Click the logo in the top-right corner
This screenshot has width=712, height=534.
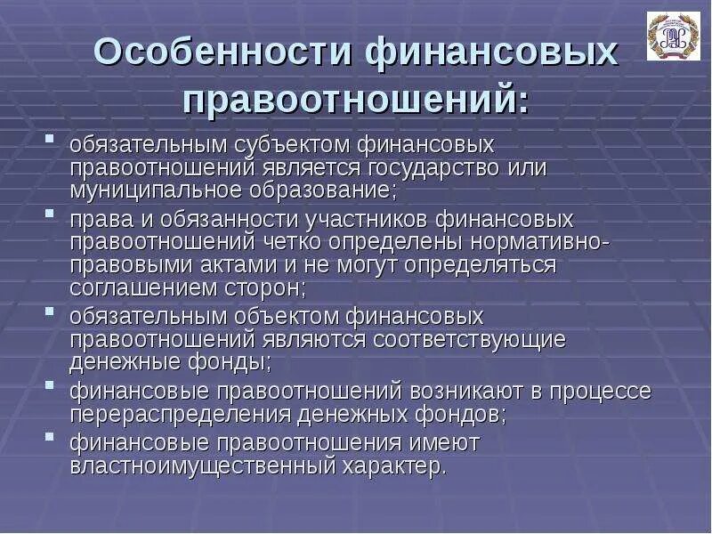click(x=674, y=36)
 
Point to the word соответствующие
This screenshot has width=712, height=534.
click(x=470, y=340)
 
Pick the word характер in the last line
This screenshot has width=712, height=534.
click(x=401, y=466)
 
